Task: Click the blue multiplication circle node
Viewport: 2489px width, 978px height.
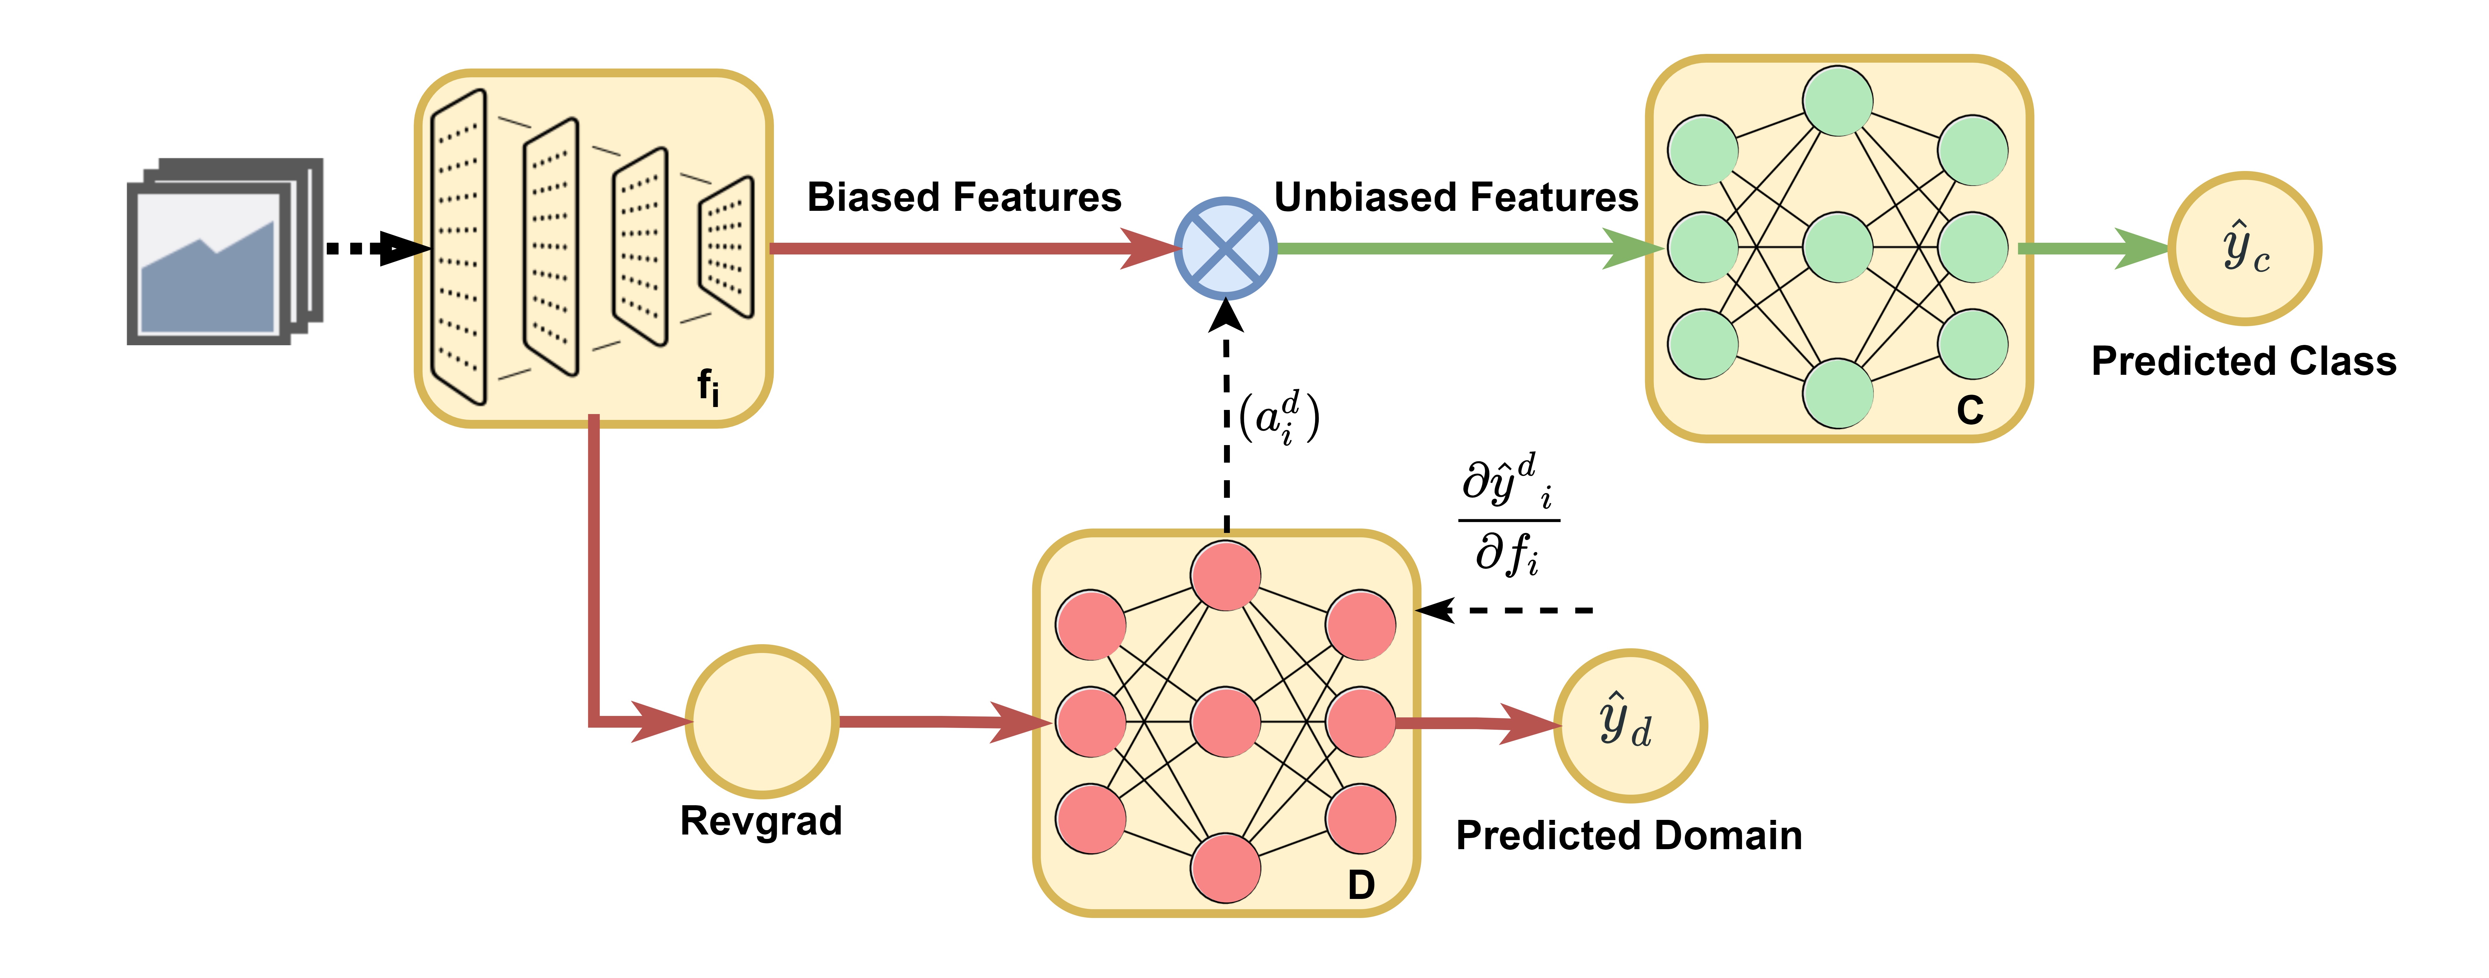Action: pyautogui.click(x=1225, y=248)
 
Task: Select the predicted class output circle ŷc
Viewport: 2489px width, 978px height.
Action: pyautogui.click(x=2244, y=248)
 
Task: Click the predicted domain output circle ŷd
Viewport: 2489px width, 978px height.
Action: pyautogui.click(x=1630, y=725)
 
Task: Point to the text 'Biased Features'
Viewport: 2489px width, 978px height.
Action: pyautogui.click(x=963, y=197)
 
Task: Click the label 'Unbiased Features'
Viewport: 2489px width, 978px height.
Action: pyautogui.click(x=1456, y=197)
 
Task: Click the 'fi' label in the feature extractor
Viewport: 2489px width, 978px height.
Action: pyautogui.click(x=708, y=387)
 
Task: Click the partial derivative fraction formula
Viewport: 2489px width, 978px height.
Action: pyautogui.click(x=1508, y=517)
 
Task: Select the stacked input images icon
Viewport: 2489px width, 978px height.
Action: pyautogui.click(x=224, y=251)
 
